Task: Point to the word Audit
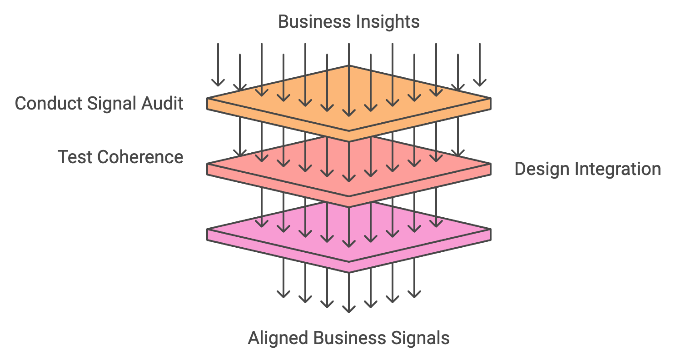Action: pyautogui.click(x=162, y=103)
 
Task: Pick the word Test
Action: pyautogui.click(x=75, y=157)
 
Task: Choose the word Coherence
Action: pyautogui.click(x=140, y=157)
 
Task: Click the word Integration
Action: pyautogui.click(x=618, y=169)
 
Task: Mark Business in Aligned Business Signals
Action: pyautogui.click(x=350, y=338)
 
